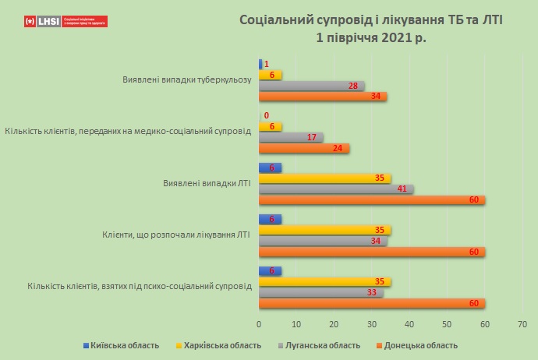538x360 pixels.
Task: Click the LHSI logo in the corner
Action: (65, 21)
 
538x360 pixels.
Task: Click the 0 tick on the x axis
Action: (259, 323)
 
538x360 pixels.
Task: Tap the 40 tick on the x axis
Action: (409, 323)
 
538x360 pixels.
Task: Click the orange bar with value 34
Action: (322, 97)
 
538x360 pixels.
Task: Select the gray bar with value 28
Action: (310, 86)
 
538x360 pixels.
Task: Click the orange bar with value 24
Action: (303, 148)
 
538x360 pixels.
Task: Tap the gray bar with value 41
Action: (335, 189)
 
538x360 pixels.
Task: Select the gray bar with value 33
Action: (320, 293)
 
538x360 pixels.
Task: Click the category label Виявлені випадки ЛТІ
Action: (207, 184)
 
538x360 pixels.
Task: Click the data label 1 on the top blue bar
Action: (267, 64)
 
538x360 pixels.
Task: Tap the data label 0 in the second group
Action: (267, 115)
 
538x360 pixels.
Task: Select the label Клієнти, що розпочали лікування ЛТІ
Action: (177, 235)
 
